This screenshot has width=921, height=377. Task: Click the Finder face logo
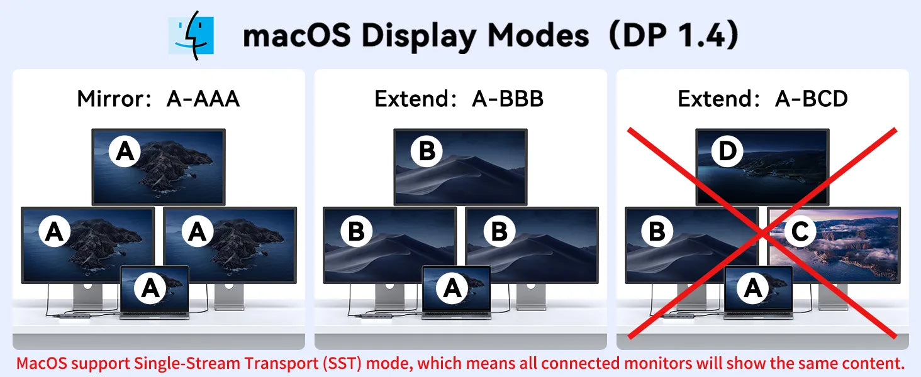(x=191, y=35)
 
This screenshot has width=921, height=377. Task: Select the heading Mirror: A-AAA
(x=159, y=99)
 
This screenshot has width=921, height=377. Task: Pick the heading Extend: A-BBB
(x=459, y=99)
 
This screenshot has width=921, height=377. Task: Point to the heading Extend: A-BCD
(x=762, y=99)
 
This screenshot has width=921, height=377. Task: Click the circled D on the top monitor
(x=727, y=151)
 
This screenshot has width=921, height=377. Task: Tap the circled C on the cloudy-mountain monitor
(x=800, y=231)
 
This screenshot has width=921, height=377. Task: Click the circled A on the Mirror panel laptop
(x=150, y=288)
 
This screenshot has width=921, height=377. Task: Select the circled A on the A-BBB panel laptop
(x=452, y=288)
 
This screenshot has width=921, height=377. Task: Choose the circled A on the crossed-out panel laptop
(x=753, y=288)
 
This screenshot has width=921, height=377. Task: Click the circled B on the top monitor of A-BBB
(x=427, y=151)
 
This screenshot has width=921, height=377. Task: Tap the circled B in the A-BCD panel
(x=657, y=231)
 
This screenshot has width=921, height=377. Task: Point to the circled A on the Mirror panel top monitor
(x=125, y=151)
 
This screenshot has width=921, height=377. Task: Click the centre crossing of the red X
(x=762, y=233)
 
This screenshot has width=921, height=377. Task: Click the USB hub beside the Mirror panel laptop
(x=82, y=316)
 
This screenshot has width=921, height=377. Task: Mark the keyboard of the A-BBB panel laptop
(x=456, y=315)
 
